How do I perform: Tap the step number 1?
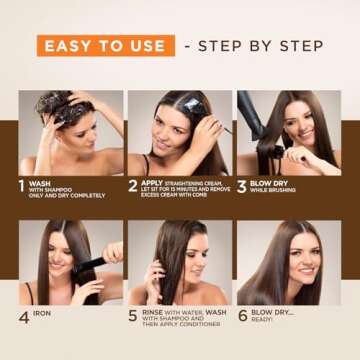pos(22,186)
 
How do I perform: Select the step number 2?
pos(132,186)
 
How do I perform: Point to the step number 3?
pos(240,186)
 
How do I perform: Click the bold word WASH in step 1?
pos(40,182)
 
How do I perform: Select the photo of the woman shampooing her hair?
pos(70,132)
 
